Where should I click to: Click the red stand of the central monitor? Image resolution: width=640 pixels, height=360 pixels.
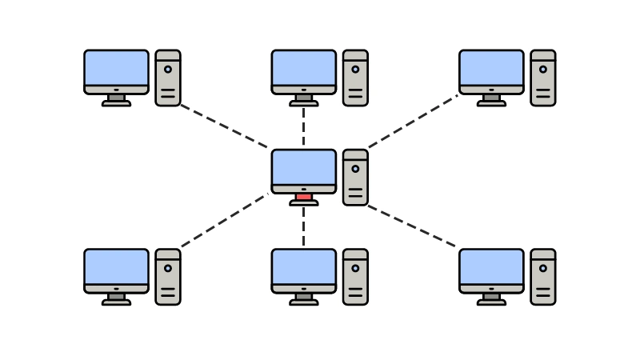pyautogui.click(x=303, y=197)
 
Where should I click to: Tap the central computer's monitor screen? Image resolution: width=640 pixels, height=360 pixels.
pyautogui.click(x=303, y=167)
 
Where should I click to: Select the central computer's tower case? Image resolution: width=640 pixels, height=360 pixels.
pyautogui.click(x=355, y=178)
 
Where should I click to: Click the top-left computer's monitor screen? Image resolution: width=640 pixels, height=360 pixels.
pyautogui.click(x=116, y=68)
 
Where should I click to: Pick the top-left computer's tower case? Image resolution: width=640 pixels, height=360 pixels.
pyautogui.click(x=168, y=78)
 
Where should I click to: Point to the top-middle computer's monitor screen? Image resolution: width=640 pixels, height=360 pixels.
pyautogui.click(x=303, y=68)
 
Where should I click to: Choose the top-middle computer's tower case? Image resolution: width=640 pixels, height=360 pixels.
pyautogui.click(x=355, y=78)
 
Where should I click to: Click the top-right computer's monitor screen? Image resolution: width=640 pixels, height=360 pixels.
pyautogui.click(x=491, y=68)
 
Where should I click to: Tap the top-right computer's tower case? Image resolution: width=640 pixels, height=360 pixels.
pyautogui.click(x=543, y=78)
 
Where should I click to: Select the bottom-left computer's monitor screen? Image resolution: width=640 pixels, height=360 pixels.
pyautogui.click(x=116, y=266)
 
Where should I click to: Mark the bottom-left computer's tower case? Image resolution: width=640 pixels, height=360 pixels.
pyautogui.click(x=168, y=277)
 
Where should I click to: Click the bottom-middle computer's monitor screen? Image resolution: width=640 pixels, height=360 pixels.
pyautogui.click(x=303, y=266)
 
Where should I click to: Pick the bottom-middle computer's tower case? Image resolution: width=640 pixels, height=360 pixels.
pyautogui.click(x=355, y=277)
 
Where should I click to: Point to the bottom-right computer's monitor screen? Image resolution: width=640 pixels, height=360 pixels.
pyautogui.click(x=491, y=266)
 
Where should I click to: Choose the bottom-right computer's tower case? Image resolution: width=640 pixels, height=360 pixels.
pyautogui.click(x=543, y=277)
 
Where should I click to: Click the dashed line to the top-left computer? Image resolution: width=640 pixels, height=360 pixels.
pyautogui.click(x=224, y=126)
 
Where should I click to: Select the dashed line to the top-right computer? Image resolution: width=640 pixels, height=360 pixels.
pyautogui.click(x=412, y=122)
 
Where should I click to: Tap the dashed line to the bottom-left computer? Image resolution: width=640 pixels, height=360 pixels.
pyautogui.click(x=224, y=221)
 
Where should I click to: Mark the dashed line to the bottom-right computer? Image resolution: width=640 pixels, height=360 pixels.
pyautogui.click(x=412, y=226)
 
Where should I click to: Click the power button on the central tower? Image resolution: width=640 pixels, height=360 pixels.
pyautogui.click(x=355, y=169)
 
